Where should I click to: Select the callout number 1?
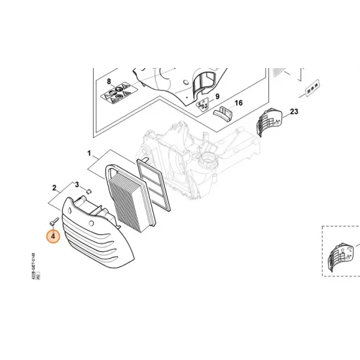[x=89, y=153]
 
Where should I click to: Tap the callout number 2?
[x=54, y=187]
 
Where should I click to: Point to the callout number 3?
[x=77, y=185]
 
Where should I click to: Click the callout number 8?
[x=109, y=82]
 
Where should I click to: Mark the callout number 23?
[x=294, y=112]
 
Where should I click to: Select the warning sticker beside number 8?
[x=116, y=98]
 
